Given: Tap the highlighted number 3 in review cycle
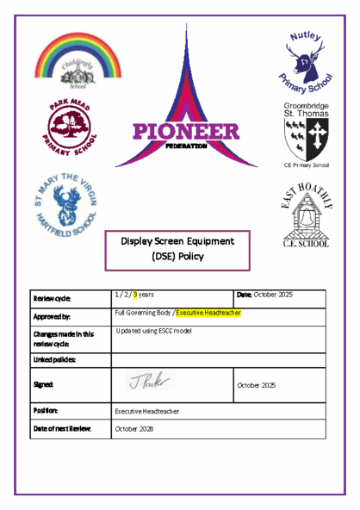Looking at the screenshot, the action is coord(135,295).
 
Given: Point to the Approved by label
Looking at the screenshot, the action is coord(52,317).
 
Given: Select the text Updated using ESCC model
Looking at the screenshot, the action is coord(153,331).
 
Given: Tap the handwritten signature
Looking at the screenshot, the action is coord(152,380).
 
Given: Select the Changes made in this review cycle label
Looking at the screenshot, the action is coord(63,339).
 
